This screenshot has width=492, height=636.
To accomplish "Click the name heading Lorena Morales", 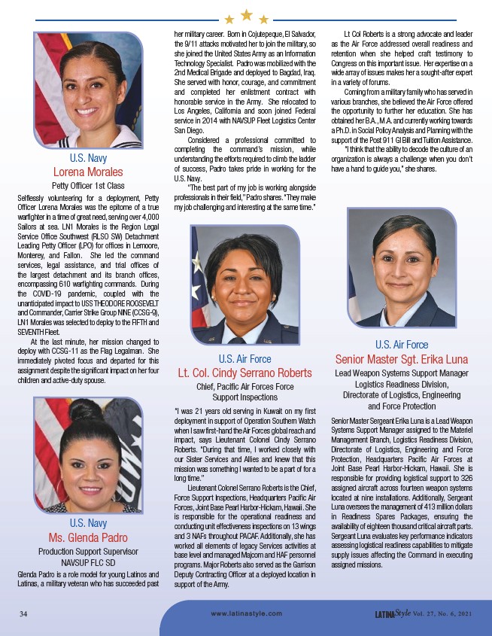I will pyautogui.click(x=88, y=172).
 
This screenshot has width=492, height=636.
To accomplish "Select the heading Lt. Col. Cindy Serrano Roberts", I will pyautogui.click(x=244, y=373).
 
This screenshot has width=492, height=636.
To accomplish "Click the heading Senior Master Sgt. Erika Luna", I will pyautogui.click(x=402, y=358).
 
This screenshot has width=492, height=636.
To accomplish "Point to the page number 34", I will pyautogui.click(x=23, y=614).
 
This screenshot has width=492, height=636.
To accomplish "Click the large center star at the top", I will pyautogui.click(x=245, y=14).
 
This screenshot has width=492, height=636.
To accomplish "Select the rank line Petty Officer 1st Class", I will pyautogui.click(x=88, y=184).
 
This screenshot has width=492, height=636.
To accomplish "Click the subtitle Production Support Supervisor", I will pyautogui.click(x=88, y=550).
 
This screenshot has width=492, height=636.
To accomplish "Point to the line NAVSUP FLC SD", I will pyautogui.click(x=88, y=561).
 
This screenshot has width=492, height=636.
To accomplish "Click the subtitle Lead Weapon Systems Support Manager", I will pyautogui.click(x=402, y=373).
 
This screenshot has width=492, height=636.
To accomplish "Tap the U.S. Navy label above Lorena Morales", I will pyautogui.click(x=88, y=159).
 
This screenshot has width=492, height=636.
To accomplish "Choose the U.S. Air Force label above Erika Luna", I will pyautogui.click(x=402, y=345).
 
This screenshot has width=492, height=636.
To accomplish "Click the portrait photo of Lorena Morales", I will pyautogui.click(x=88, y=90).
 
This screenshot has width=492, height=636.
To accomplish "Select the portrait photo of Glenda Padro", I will pyautogui.click(x=88, y=455).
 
